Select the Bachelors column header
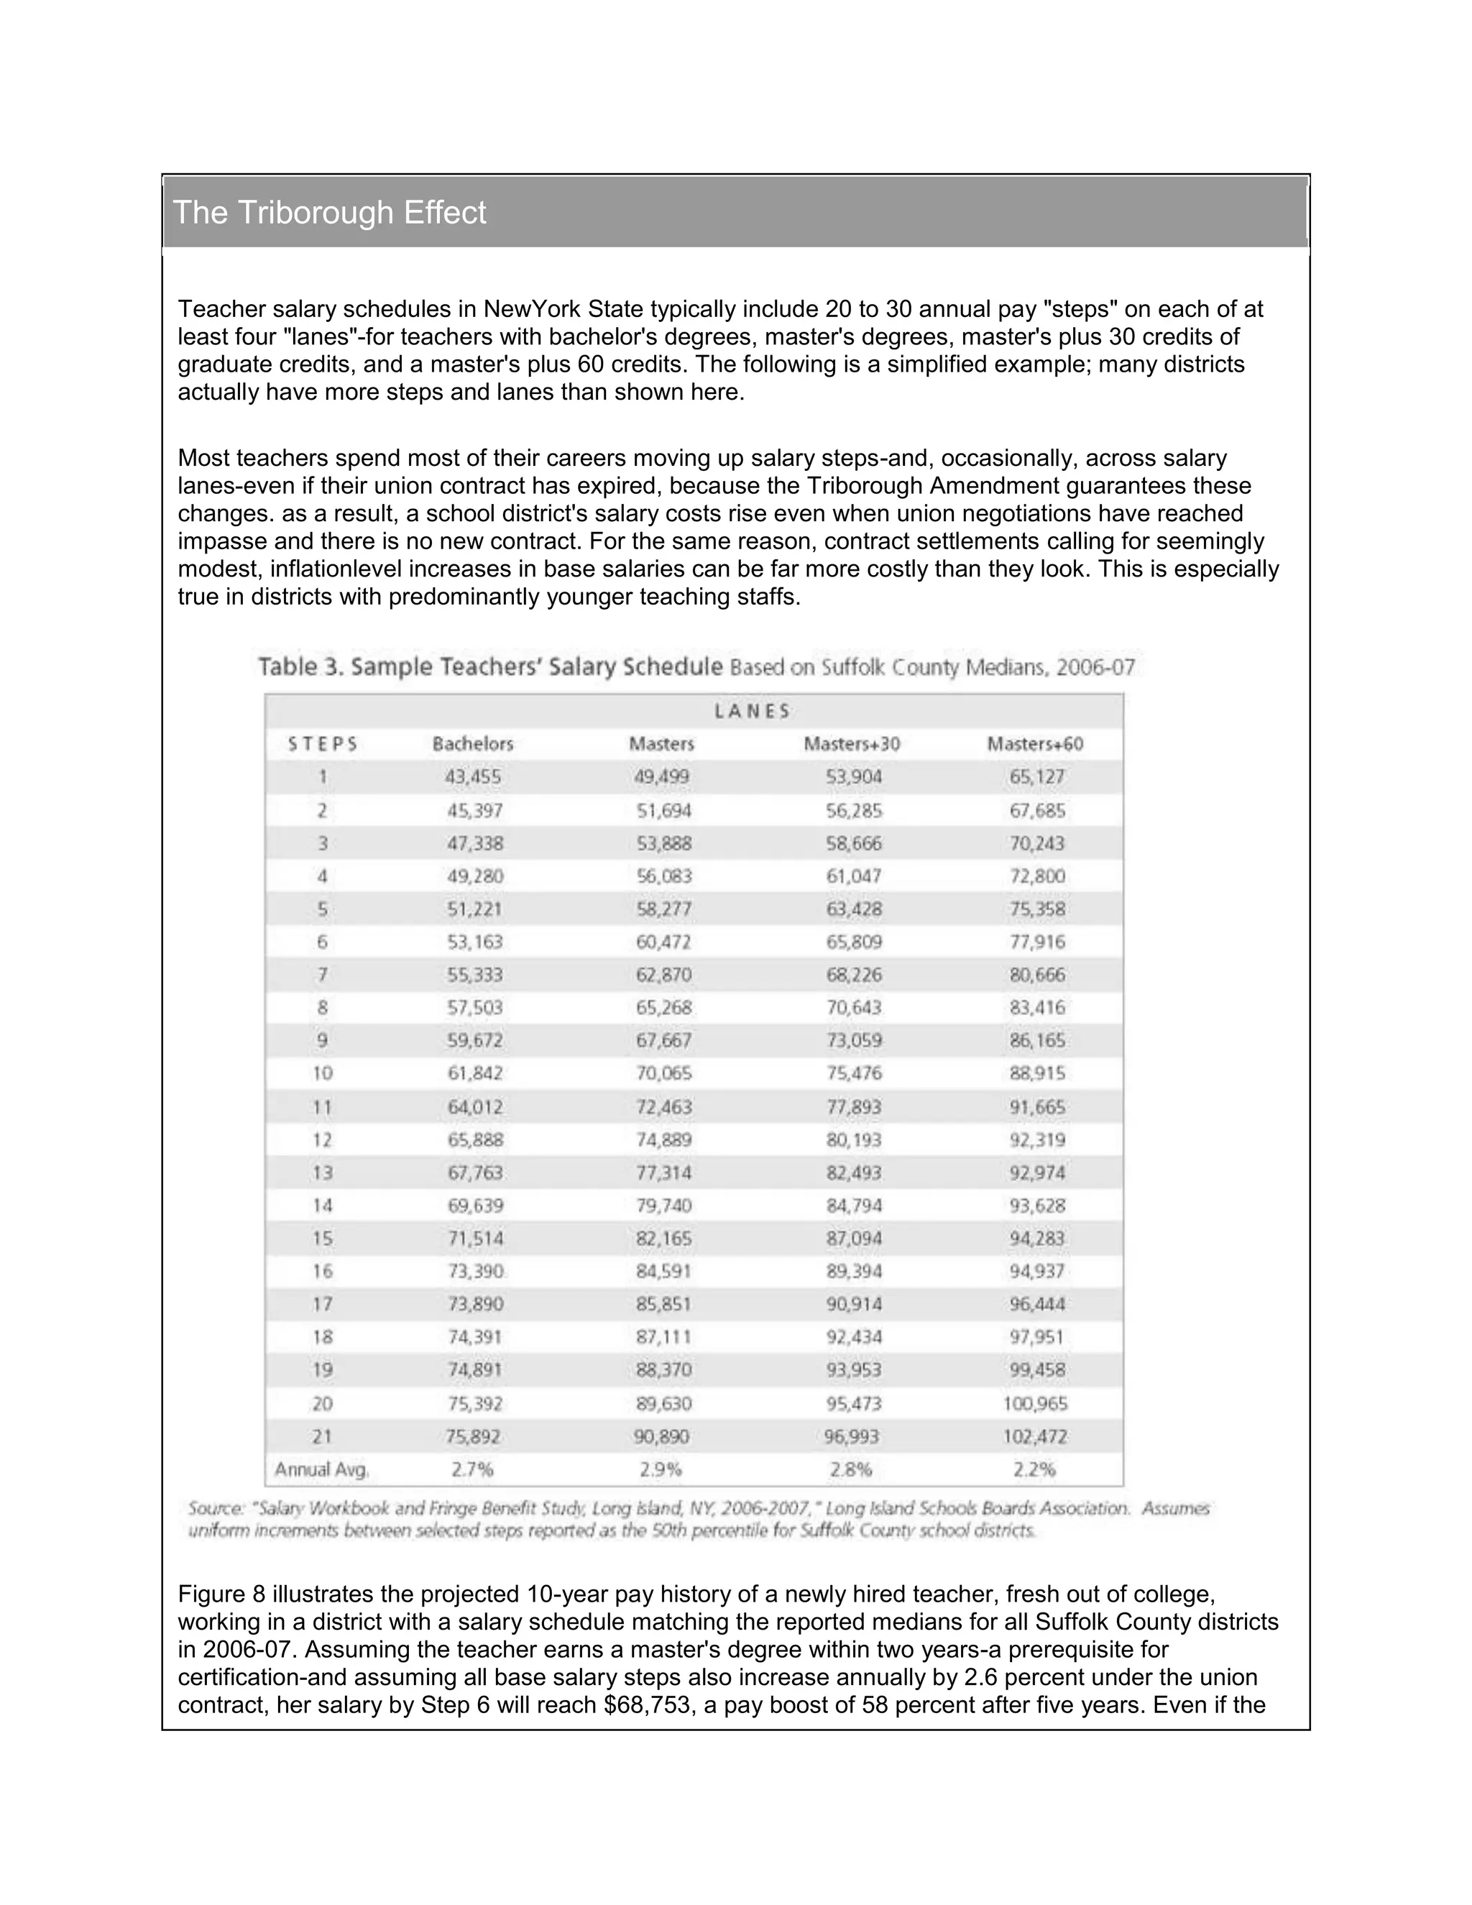click(x=473, y=744)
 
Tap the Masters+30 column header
click(x=852, y=744)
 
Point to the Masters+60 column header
click(x=1035, y=744)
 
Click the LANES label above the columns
click(x=752, y=711)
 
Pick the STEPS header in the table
click(x=323, y=744)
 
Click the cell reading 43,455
click(x=474, y=776)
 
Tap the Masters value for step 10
click(x=663, y=1073)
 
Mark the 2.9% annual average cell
click(x=660, y=1469)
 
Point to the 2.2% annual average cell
click(x=1035, y=1469)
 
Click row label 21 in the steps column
click(x=323, y=1436)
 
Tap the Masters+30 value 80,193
click(x=854, y=1139)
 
